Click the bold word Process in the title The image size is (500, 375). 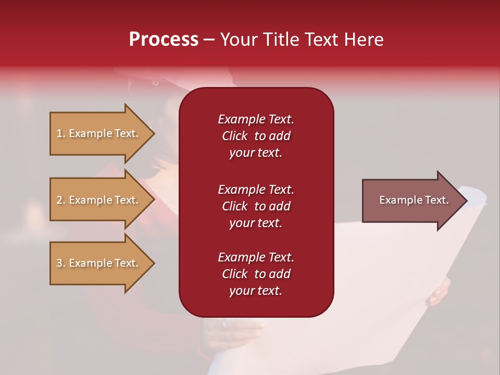[x=164, y=40]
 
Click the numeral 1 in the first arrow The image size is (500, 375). [x=59, y=133]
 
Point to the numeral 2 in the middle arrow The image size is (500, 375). [x=59, y=200]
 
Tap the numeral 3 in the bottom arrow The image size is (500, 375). [x=59, y=263]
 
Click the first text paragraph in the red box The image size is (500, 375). [x=256, y=136]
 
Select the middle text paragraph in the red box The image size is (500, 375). [x=256, y=206]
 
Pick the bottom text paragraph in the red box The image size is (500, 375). [x=256, y=274]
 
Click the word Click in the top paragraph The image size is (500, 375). [x=234, y=136]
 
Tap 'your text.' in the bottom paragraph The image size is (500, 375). [x=256, y=291]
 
